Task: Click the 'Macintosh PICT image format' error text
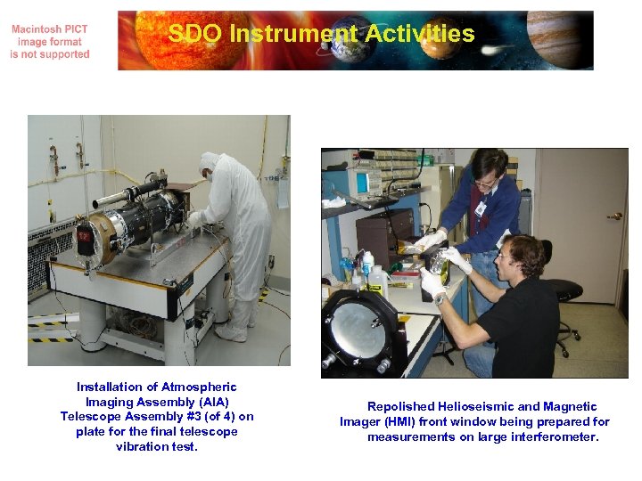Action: coord(50,42)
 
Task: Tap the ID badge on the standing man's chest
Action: coord(481,208)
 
